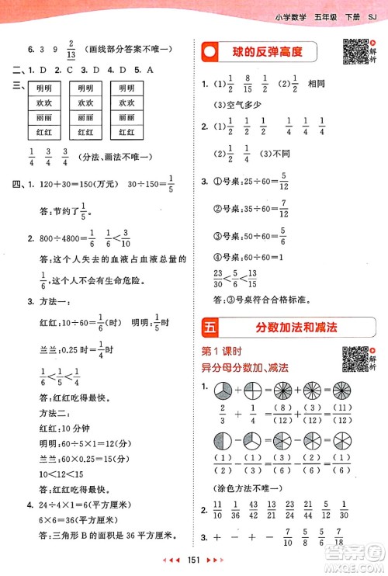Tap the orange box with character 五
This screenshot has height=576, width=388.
click(x=210, y=327)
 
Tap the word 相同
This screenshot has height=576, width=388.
click(x=322, y=83)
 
